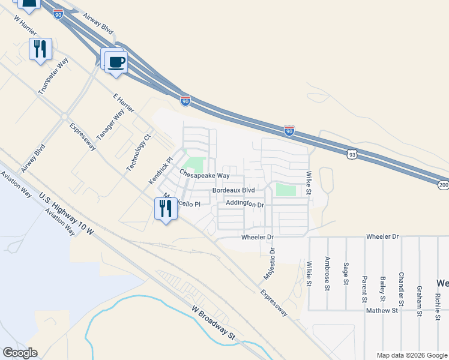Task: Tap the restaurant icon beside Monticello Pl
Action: pos(164,209)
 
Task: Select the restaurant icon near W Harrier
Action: pos(40,49)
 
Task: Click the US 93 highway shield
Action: pos(351,155)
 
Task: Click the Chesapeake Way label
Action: pos(204,175)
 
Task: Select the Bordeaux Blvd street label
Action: pos(234,190)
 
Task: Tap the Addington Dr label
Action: pos(245,204)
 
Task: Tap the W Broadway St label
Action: pos(212,323)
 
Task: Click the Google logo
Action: pos(20,353)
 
